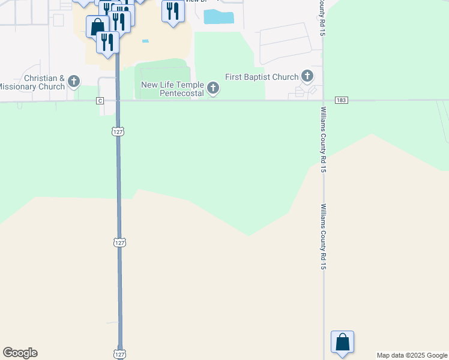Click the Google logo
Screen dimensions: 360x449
[20, 353]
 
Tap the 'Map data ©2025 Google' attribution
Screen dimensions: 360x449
[412, 355]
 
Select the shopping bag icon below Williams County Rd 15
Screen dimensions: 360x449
[342, 342]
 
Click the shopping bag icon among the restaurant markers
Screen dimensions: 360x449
[97, 26]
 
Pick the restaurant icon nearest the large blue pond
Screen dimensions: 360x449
[173, 10]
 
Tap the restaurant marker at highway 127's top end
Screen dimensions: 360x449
[107, 42]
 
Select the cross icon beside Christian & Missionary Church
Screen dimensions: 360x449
[74, 81]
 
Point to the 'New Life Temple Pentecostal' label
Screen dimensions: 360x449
[172, 89]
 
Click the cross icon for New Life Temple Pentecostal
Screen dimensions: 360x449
[212, 89]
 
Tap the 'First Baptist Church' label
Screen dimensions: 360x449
[262, 77]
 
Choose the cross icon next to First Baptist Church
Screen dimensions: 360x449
[307, 76]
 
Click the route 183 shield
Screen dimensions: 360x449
[342, 100]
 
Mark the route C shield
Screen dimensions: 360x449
[100, 101]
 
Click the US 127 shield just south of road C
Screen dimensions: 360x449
[118, 131]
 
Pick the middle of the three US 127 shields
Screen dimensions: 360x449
[119, 242]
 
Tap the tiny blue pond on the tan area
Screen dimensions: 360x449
[145, 41]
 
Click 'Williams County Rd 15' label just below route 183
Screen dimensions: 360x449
[323, 140]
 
